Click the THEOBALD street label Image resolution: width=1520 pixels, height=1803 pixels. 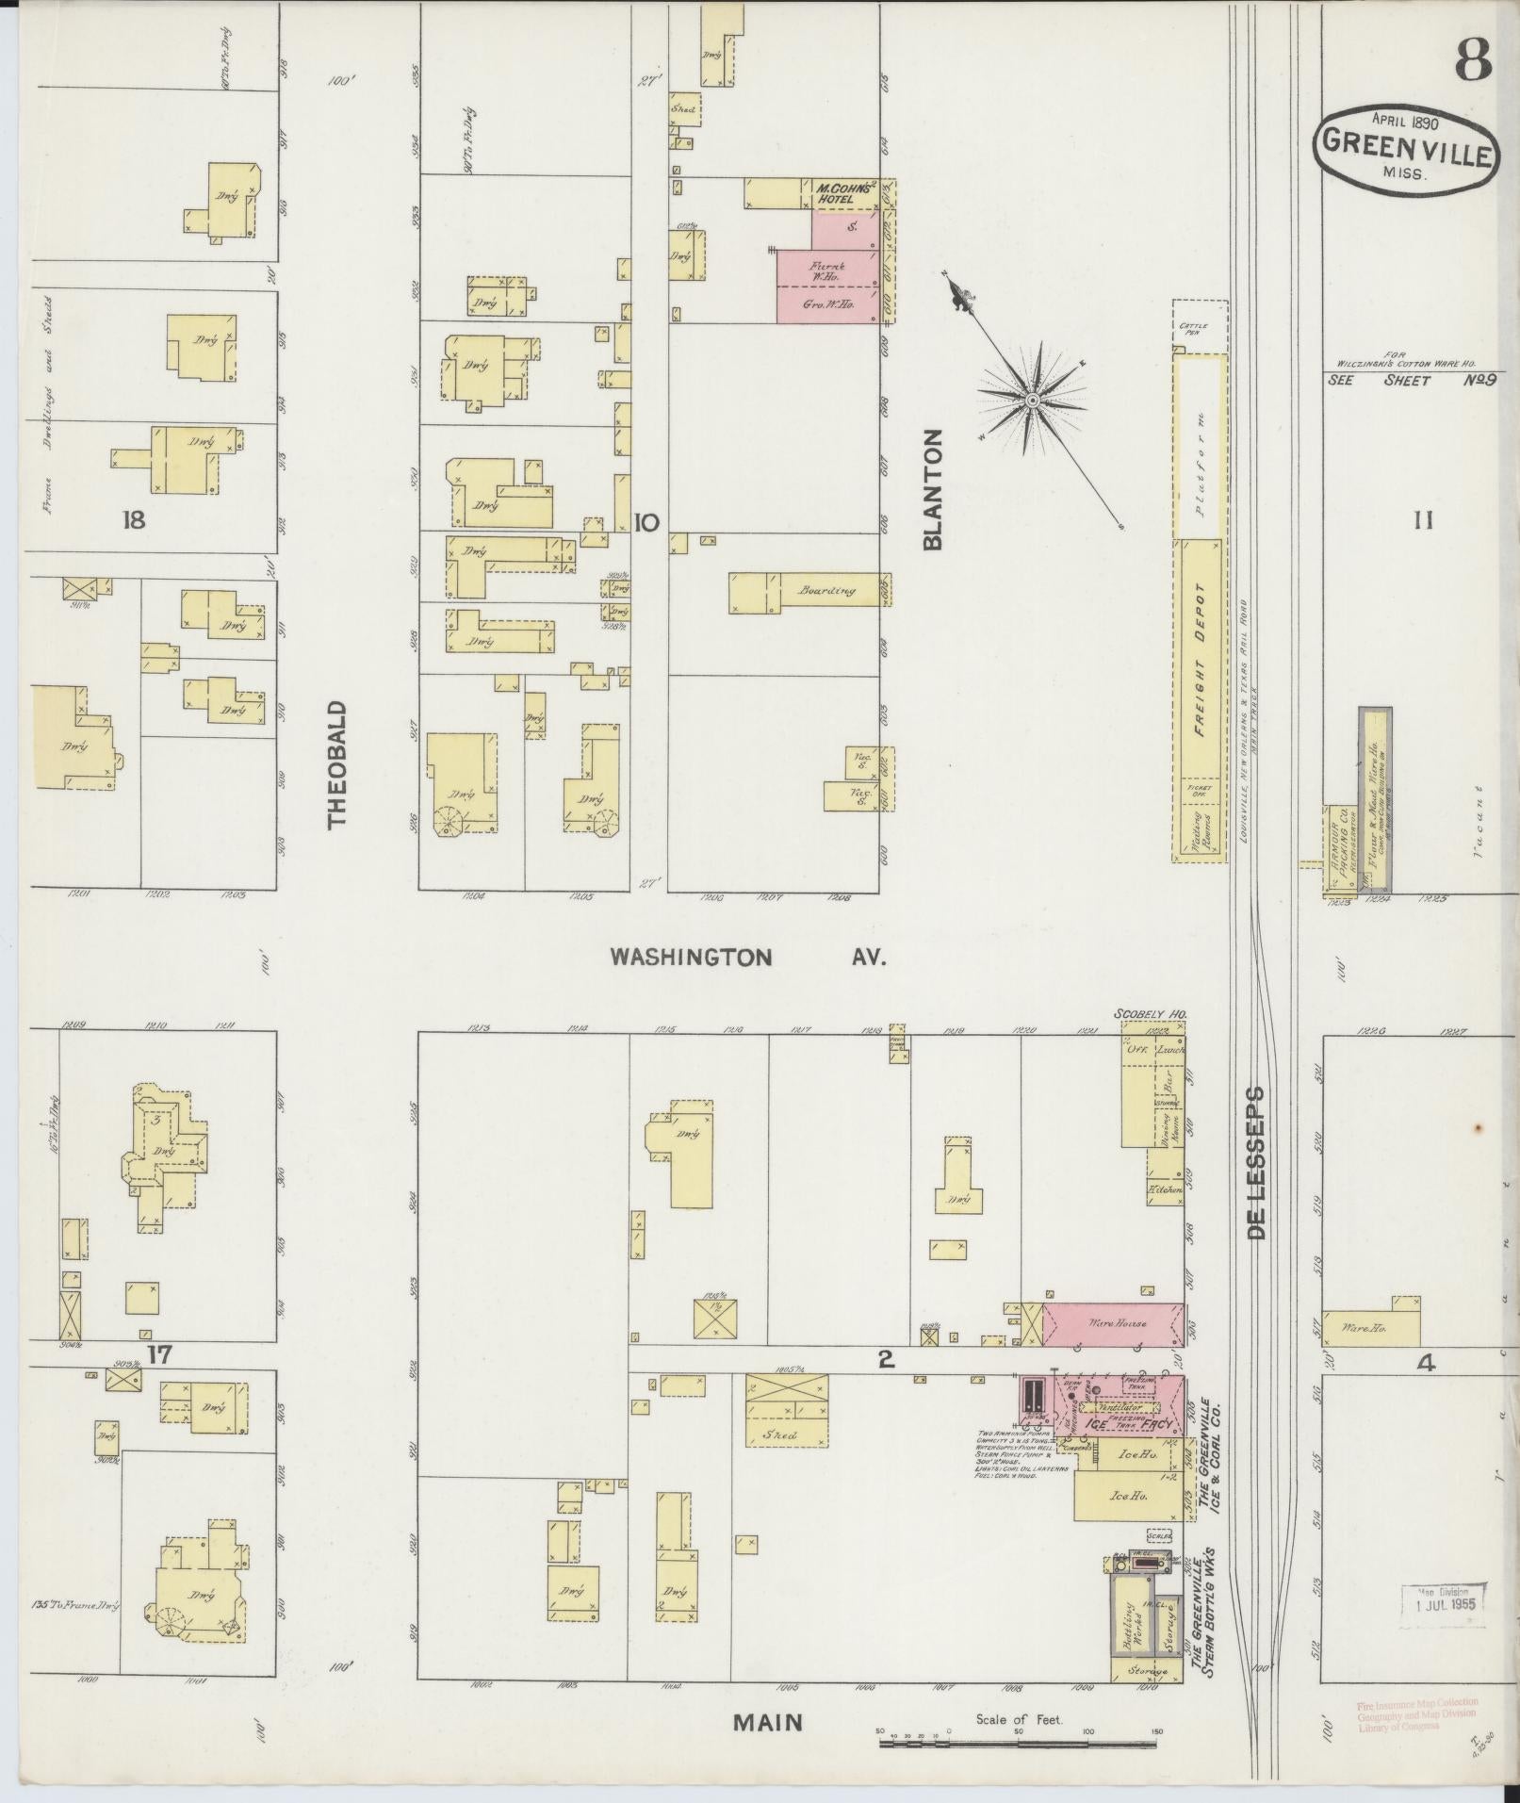pyautogui.click(x=337, y=764)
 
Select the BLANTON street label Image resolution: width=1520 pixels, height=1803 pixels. pyautogui.click(x=933, y=489)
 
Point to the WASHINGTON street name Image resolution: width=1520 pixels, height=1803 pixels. pyautogui.click(x=691, y=958)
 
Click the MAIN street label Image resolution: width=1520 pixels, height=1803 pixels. pyautogui.click(x=769, y=1722)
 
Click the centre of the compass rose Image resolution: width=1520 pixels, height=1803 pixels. pyautogui.click(x=1033, y=402)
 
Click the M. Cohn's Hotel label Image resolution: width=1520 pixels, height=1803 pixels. pyautogui.click(x=834, y=193)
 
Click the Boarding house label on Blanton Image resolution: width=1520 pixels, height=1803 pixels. pyautogui.click(x=825, y=591)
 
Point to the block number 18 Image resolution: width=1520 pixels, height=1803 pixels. pyautogui.click(x=134, y=519)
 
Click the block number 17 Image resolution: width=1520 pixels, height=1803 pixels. pyautogui.click(x=159, y=1355)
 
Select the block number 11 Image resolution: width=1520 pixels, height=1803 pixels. pyautogui.click(x=1423, y=519)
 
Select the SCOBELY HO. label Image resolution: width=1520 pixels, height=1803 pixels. pyautogui.click(x=1150, y=1014)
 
